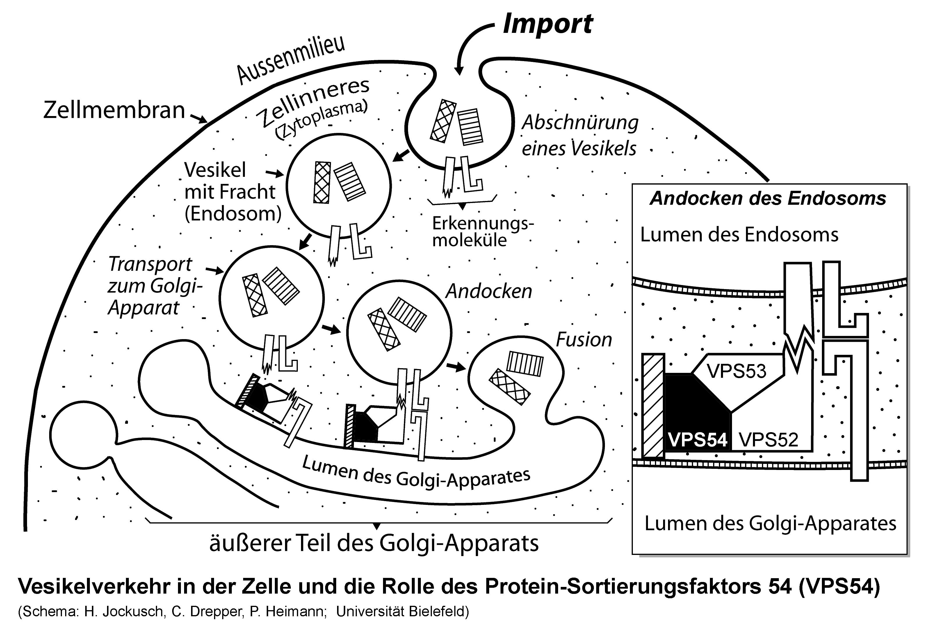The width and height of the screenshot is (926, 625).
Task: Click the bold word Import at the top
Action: point(548,24)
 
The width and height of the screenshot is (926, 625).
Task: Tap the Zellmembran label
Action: point(114,110)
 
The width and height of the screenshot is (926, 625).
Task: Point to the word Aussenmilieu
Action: point(291,60)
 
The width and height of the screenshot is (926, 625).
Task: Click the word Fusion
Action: point(584,340)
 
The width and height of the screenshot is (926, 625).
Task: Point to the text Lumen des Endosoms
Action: point(739,235)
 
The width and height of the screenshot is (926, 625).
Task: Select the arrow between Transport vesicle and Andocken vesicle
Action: point(332,329)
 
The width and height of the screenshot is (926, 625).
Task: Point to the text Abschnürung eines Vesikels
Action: point(580,136)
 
